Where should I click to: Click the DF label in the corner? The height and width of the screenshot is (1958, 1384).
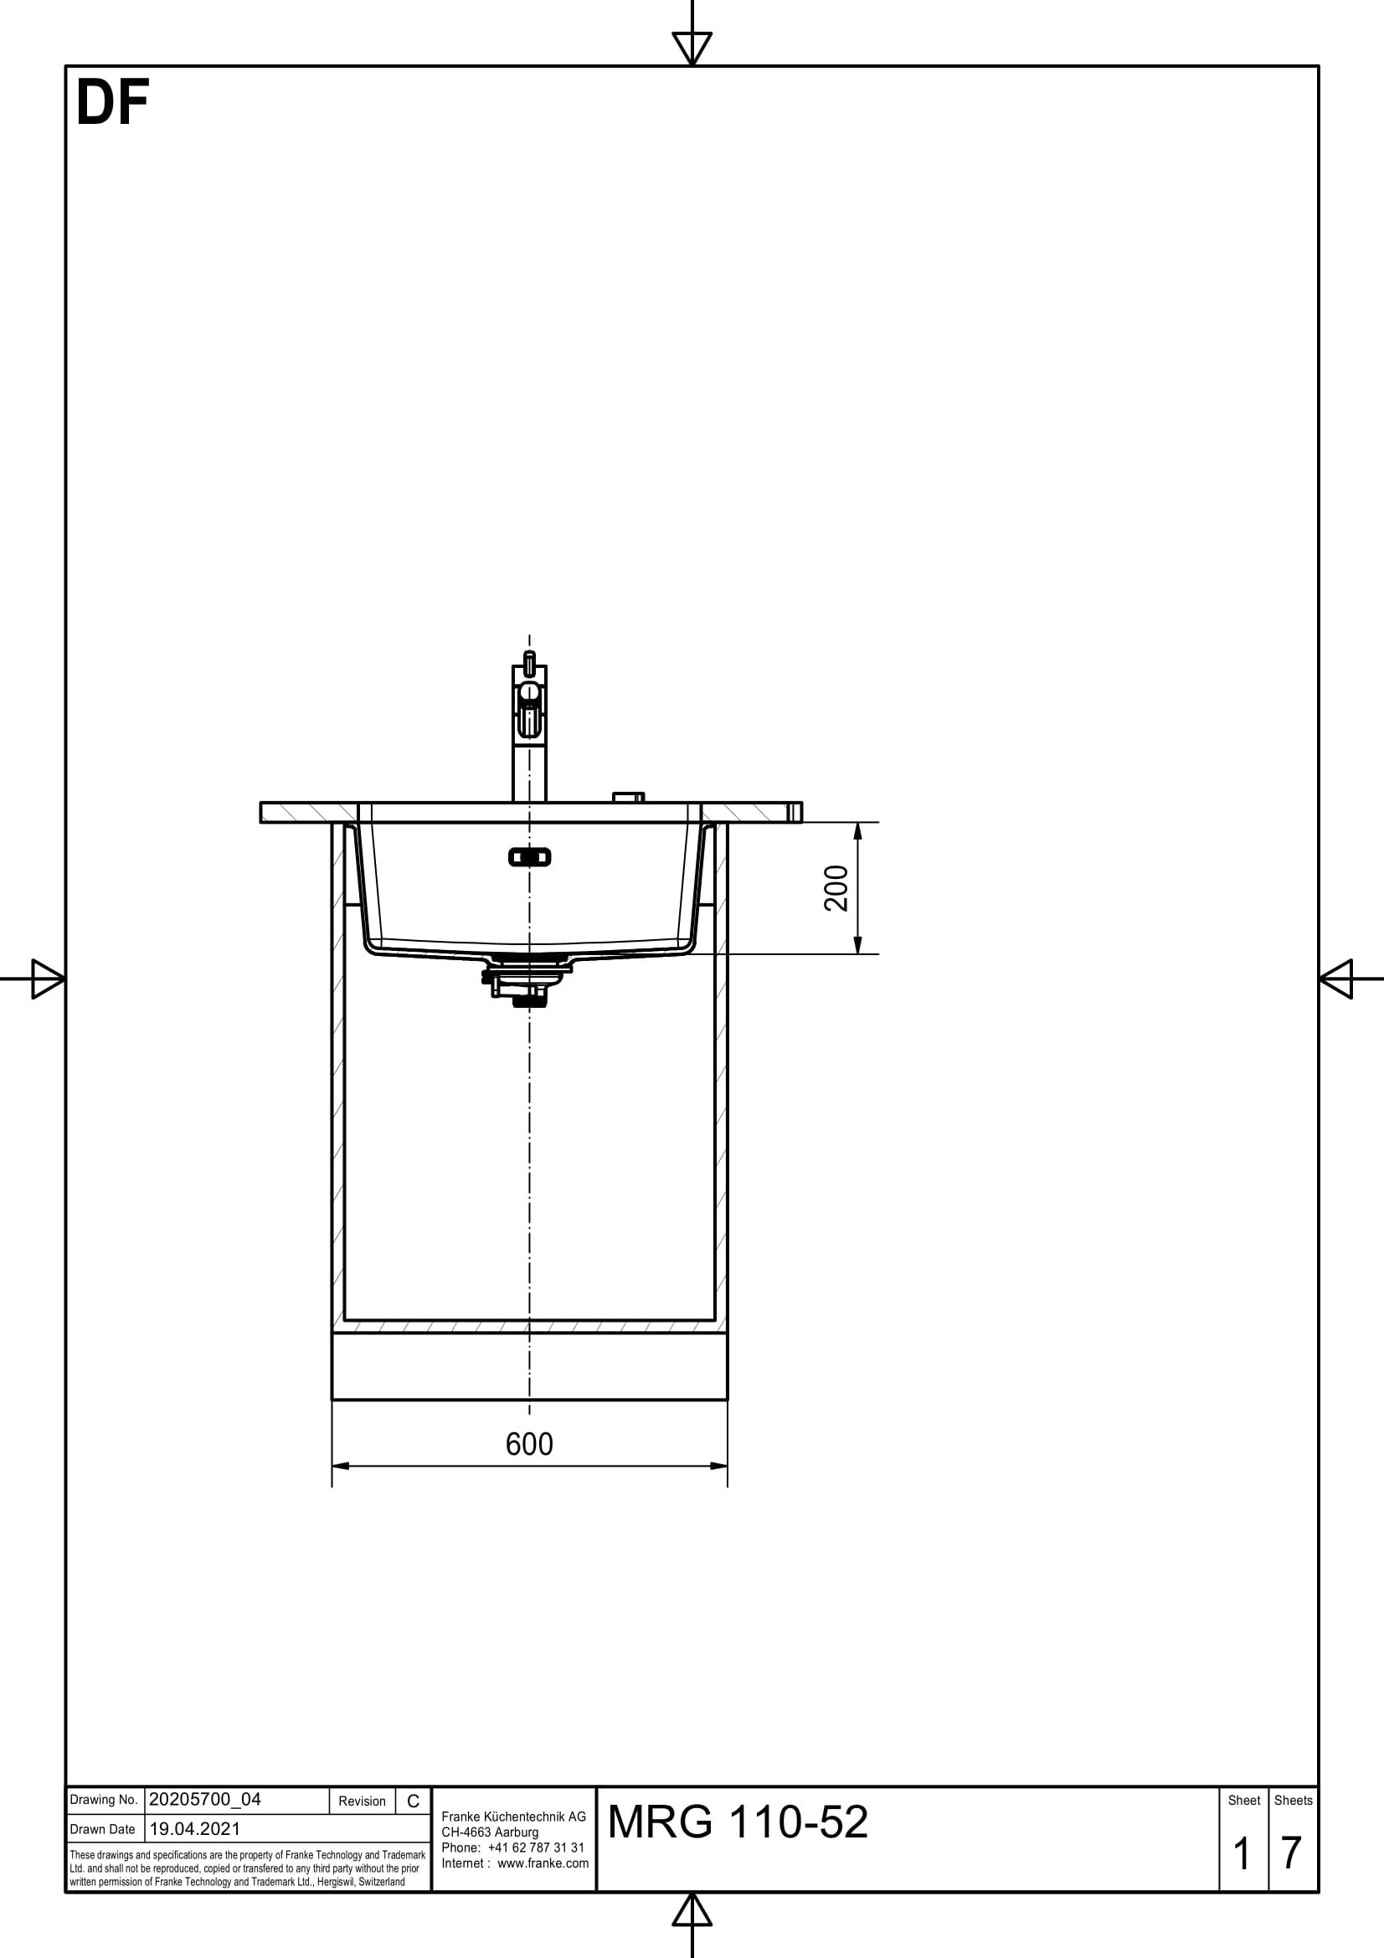[112, 104]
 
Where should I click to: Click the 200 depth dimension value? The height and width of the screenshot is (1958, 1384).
[836, 887]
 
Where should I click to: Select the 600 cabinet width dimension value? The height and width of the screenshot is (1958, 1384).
[528, 1444]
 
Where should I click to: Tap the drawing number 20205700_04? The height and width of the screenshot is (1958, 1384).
[204, 1800]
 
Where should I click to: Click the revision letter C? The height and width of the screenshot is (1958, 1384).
[413, 1801]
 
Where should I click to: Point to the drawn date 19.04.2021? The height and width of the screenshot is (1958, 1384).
[194, 1828]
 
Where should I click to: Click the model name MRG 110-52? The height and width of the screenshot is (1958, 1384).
[738, 1822]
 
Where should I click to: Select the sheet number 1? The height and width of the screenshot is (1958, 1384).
[1242, 1853]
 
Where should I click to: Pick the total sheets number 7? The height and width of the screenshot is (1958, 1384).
[1291, 1853]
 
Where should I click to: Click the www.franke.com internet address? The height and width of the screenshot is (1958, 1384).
[543, 1863]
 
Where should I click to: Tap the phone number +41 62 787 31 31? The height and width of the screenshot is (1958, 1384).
[536, 1848]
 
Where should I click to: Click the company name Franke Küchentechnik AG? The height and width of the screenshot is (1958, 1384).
[513, 1817]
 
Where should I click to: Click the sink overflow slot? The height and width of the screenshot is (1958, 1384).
[529, 857]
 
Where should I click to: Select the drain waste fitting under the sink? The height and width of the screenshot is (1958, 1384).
[525, 981]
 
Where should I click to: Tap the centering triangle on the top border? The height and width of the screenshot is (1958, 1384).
[692, 46]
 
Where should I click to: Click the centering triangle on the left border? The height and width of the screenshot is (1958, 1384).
[47, 978]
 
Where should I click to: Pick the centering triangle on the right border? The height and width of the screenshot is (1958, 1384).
[1336, 978]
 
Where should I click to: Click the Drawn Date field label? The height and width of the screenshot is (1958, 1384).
[102, 1829]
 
